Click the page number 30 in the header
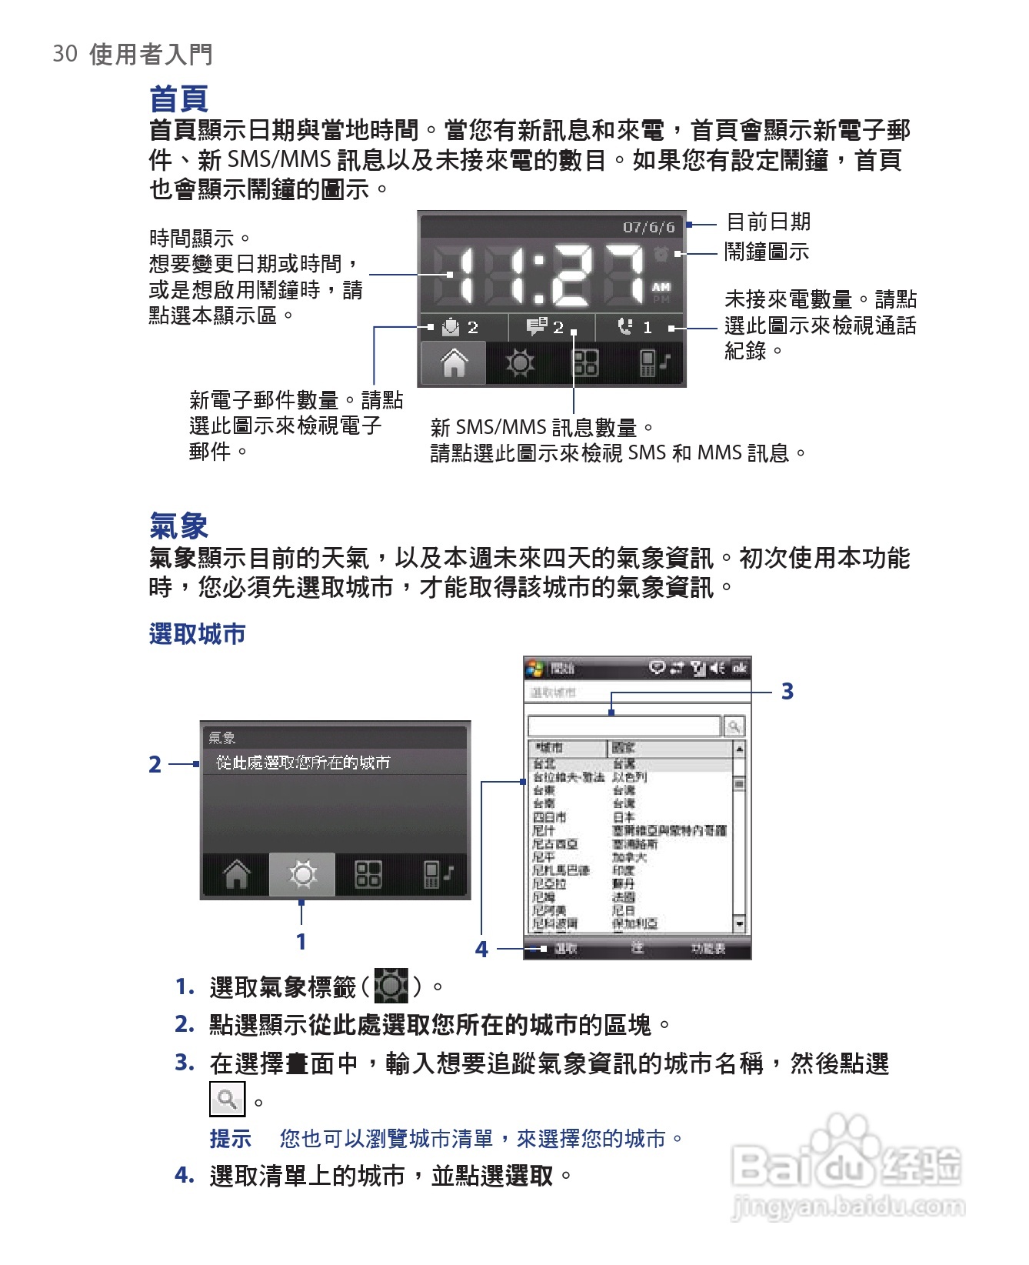pos(65,54)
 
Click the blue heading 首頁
pos(178,98)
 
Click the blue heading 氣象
pos(178,526)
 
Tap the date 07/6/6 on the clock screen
pos(648,227)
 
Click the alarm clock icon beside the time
pos(661,253)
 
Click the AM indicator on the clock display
pos(661,287)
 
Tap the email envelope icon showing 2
pos(451,328)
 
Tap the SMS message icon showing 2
pos(537,327)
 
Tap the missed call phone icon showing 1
pos(625,327)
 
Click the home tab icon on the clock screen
pos(454,362)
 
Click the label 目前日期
pos(768,222)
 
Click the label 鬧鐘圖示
pos(767,252)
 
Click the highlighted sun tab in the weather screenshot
pos(302,874)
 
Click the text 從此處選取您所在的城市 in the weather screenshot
pos(303,763)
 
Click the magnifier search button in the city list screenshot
pos(734,726)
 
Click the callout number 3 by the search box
pos(787,691)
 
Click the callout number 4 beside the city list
pos(481,949)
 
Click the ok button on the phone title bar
pos(739,668)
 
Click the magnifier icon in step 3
pos(227,1099)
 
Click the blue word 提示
pos(230,1138)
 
